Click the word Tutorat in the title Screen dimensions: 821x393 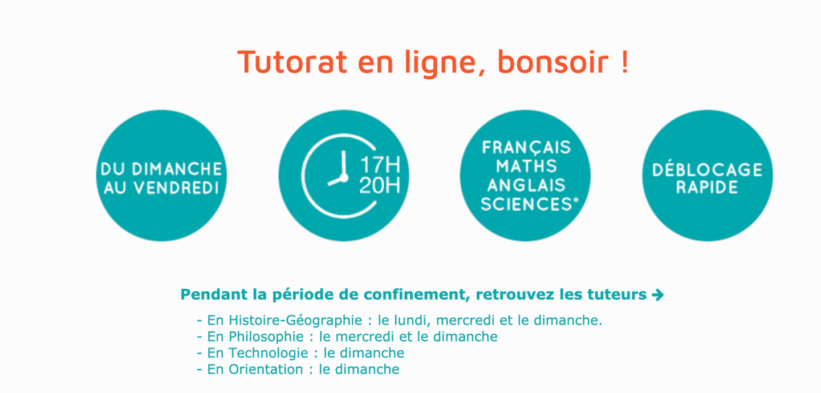(292, 62)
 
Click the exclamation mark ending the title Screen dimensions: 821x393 (625, 62)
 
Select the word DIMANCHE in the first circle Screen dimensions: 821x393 (177, 169)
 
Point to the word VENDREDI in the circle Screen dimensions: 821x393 (176, 188)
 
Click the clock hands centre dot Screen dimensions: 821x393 (344, 178)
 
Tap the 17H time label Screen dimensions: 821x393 (380, 165)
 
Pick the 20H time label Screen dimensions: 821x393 (380, 185)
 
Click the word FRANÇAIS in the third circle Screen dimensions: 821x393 (526, 147)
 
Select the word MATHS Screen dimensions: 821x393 (526, 166)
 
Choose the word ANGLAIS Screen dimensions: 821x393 (526, 185)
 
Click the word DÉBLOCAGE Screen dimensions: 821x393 (708, 169)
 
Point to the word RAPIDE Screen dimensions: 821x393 (707, 187)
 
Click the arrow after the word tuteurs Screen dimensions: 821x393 (658, 295)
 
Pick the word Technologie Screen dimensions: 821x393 (269, 353)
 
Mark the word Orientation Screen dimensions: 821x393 (266, 369)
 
